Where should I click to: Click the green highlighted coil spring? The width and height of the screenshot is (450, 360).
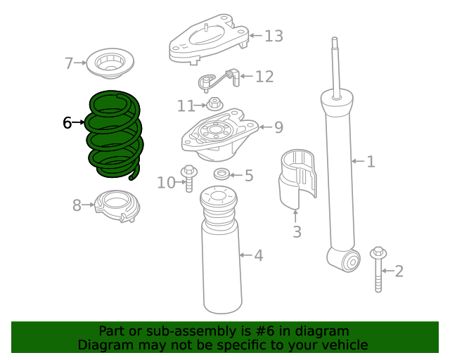(x=114, y=135)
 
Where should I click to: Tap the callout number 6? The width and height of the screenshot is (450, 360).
(x=67, y=123)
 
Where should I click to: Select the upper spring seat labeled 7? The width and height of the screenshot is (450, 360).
(x=109, y=65)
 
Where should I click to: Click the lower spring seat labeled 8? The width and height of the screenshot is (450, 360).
(x=117, y=206)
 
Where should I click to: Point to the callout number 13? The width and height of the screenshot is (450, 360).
(x=274, y=35)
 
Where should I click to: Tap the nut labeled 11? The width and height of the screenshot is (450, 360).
(x=214, y=106)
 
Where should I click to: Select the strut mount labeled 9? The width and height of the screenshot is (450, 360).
(x=218, y=135)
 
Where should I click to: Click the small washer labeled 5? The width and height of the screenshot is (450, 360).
(x=221, y=174)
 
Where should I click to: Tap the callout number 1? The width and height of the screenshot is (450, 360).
(x=371, y=162)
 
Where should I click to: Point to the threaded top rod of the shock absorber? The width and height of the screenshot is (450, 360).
(x=336, y=63)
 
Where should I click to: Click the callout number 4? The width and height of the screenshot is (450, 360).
(x=259, y=255)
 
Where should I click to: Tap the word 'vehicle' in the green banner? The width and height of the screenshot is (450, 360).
(x=345, y=345)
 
